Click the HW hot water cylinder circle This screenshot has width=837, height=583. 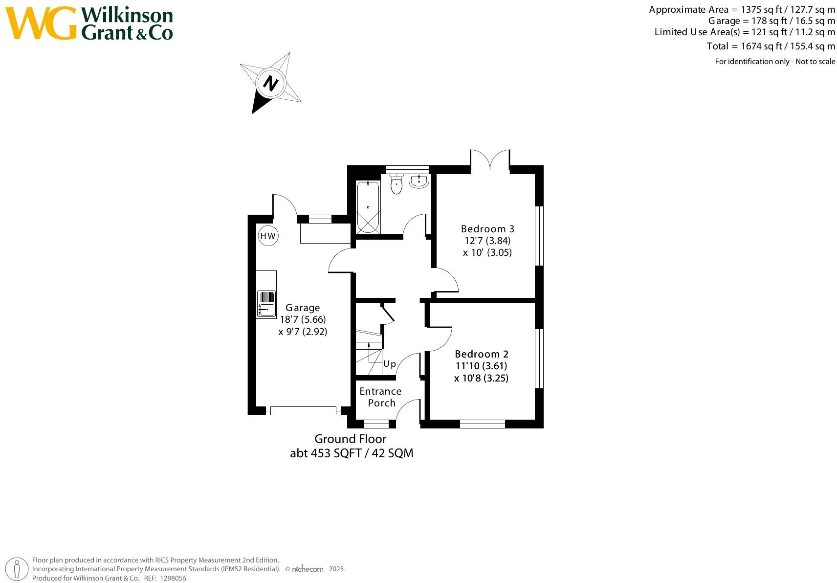pos(268,236)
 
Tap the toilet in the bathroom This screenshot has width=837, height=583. pos(396,184)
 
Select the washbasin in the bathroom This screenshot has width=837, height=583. pos(419,181)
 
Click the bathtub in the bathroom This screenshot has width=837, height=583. pos(368,207)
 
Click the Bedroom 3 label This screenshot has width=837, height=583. pos(487,229)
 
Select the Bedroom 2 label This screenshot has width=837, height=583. pos(482,354)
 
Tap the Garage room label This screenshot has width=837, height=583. pos(303,308)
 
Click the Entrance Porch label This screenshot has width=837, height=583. pos(381,397)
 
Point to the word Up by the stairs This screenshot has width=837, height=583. pos(390,364)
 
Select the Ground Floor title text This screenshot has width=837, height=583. pos(351,439)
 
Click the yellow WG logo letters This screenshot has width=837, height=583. pos(41,23)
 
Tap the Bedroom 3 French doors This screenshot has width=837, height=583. pos(490,158)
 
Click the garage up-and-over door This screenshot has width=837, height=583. pos(303,411)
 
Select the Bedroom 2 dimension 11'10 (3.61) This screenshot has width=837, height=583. pos(482,366)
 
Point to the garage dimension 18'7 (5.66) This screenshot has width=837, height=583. pos(303,319)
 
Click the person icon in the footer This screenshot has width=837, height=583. pos(17,569)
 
